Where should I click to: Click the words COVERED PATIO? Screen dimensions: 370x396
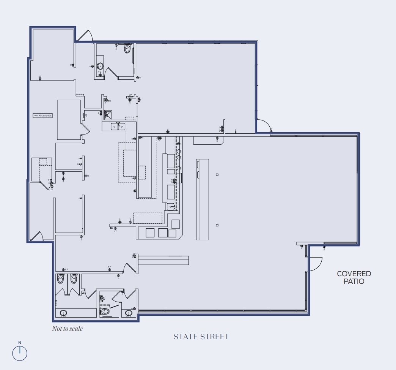pyautogui.click(x=354, y=277)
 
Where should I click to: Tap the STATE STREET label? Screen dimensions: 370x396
pyautogui.click(x=201, y=337)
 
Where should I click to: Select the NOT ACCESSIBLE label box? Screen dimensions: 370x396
pyautogui.click(x=42, y=115)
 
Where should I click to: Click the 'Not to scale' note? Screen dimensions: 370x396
pyautogui.click(x=67, y=329)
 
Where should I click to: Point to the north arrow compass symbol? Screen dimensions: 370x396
pyautogui.click(x=20, y=353)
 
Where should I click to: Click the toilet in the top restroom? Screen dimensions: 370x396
pyautogui.click(x=127, y=49)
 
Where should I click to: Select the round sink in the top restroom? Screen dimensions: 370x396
pyautogui.click(x=100, y=66)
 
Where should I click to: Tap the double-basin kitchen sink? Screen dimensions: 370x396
pyautogui.click(x=118, y=126)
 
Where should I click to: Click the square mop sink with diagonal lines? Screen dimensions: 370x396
pyautogui.click(x=108, y=114)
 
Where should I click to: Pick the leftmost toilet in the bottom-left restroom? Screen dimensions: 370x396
pyautogui.click(x=60, y=280)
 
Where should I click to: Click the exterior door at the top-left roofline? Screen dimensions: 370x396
pyautogui.click(x=85, y=36)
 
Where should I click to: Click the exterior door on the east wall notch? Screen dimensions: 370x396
pyautogui.click(x=263, y=126)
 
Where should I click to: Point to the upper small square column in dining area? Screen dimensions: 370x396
pyautogui.click(x=217, y=175)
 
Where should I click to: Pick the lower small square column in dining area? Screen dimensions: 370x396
pyautogui.click(x=217, y=225)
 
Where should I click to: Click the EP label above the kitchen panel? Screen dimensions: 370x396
pyautogui.click(x=130, y=95)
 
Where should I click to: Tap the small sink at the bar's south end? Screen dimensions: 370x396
pyautogui.click(x=171, y=206)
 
